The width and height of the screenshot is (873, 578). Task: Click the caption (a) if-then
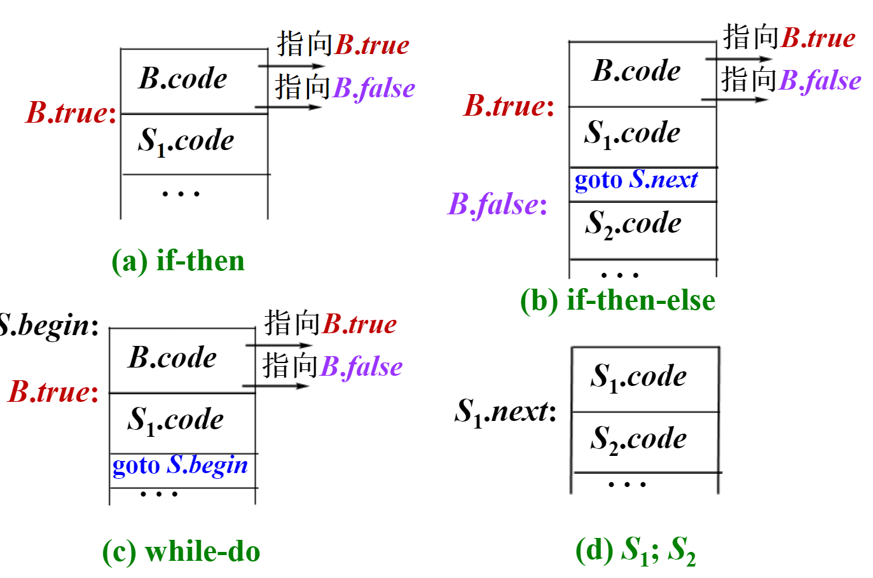pyautogui.click(x=178, y=261)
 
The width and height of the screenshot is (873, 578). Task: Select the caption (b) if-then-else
pyautogui.click(x=617, y=300)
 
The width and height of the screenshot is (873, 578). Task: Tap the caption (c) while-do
pyautogui.click(x=181, y=551)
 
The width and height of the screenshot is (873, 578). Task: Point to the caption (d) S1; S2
pyautogui.click(x=635, y=551)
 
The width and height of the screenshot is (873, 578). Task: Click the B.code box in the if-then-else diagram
pyautogui.click(x=642, y=74)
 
